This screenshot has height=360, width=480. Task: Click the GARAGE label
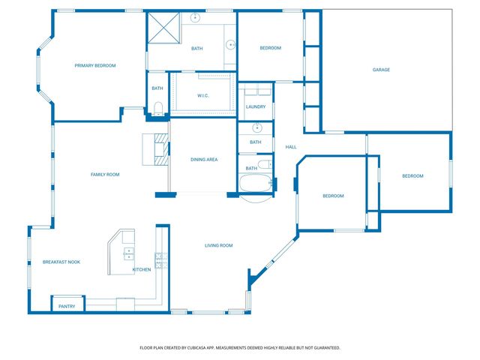point(381,70)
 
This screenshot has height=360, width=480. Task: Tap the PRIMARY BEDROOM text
point(95,66)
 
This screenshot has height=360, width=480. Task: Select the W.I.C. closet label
point(202,95)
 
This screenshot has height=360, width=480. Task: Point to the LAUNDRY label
point(255,107)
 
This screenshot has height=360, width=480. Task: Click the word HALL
point(290,146)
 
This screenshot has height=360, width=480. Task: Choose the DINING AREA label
point(204,159)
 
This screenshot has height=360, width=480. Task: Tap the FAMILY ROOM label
point(105,175)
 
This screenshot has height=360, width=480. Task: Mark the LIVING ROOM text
point(219,245)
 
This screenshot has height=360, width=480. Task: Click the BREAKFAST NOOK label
point(61,262)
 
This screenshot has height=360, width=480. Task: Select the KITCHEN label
point(142,269)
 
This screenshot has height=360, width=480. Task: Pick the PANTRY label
point(67,306)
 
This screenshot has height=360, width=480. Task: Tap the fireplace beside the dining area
point(158,148)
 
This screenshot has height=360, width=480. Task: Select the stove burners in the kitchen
point(159,259)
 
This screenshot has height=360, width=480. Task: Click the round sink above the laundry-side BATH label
point(256,127)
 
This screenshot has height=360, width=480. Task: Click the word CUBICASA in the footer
point(199,348)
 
